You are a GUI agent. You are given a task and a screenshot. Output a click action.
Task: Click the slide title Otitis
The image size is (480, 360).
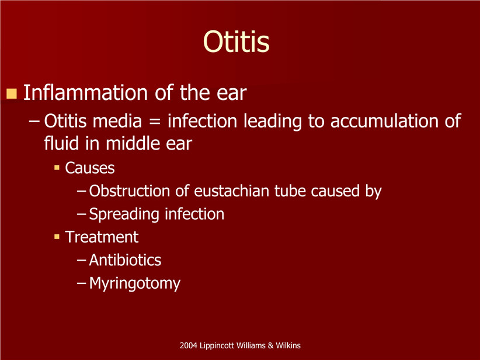pos(236,41)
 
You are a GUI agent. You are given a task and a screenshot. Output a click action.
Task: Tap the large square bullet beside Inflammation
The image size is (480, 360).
pos(11,94)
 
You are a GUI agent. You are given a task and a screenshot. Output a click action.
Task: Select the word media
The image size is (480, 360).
pos(117,121)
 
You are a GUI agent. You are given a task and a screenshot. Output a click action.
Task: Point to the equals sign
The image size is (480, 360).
pos(155,122)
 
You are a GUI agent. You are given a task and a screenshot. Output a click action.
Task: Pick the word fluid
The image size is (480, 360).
pos(61,143)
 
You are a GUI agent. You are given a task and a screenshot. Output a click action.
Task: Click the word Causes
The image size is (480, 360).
pos(90,168)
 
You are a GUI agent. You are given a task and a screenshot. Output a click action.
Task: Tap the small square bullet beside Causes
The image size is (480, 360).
pos(57,168)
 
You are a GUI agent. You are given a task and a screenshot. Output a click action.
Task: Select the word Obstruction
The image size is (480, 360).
pos(129,191)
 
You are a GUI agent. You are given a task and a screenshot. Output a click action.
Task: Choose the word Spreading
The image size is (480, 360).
pos(124,214)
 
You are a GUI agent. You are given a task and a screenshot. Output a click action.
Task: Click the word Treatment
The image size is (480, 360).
pos(102,237)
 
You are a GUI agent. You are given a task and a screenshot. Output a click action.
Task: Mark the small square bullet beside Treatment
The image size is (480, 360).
pos(57,237)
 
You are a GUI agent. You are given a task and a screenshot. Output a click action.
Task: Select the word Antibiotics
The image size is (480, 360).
pos(125,260)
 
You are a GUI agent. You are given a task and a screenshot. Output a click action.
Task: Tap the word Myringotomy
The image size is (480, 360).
pos(135,283)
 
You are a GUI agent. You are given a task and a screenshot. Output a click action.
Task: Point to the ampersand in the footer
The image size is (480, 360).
pos(270,345)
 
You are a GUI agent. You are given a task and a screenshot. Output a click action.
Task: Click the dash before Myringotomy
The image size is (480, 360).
pos(81,283)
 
